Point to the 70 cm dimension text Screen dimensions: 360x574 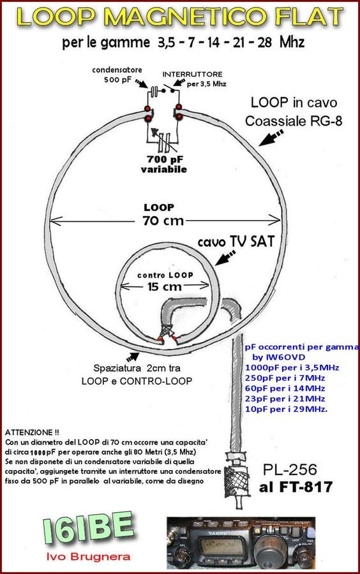(x=163, y=221)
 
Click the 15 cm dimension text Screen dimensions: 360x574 (x=165, y=286)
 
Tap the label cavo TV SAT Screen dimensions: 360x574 (x=236, y=241)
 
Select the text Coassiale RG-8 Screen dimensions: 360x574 (x=294, y=121)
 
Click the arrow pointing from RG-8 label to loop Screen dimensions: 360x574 (x=271, y=137)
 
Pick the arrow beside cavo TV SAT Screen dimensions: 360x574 (x=225, y=258)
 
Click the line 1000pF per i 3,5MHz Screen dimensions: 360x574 (x=292, y=367)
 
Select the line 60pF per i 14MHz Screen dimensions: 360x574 (x=285, y=388)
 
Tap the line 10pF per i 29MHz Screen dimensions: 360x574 (x=286, y=409)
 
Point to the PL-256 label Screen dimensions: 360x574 (x=290, y=469)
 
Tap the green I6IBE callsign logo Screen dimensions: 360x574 (x=88, y=528)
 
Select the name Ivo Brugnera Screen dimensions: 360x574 (x=88, y=557)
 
